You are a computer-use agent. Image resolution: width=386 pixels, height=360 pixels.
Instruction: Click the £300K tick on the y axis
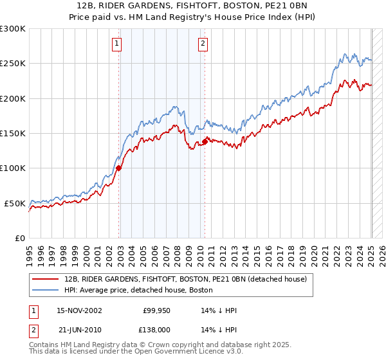coord(13,29)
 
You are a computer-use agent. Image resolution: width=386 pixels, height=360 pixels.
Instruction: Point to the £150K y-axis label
coord(13,134)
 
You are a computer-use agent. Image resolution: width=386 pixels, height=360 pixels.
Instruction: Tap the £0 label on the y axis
coord(20,238)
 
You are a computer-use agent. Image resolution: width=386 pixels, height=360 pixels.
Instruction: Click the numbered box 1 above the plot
coord(116,44)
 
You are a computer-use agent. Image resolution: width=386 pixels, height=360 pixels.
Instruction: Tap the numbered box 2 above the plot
coord(203,44)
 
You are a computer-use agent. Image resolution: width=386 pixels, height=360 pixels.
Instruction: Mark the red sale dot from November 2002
coord(118,168)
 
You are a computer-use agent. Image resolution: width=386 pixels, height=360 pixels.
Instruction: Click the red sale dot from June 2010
coord(205,141)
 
